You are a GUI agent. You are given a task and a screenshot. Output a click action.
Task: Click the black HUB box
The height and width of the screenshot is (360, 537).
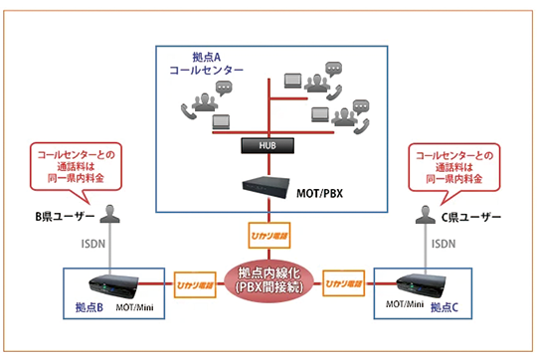point(268,145)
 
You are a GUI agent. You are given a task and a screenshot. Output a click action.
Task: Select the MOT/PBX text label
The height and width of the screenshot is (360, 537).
point(319,194)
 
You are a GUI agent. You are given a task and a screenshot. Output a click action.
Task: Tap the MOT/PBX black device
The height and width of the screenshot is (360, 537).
point(266,187)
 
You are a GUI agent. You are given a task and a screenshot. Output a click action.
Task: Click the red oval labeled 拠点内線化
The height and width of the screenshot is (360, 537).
point(268,280)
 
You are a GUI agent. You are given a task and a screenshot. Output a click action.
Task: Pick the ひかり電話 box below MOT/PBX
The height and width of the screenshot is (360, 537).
point(269,236)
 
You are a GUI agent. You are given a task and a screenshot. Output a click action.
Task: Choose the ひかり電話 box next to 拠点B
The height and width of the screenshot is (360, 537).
point(195,284)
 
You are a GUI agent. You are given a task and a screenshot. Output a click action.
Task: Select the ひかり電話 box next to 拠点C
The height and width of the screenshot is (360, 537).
point(343,283)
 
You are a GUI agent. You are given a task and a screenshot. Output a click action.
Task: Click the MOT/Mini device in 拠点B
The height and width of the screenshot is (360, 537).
point(113,286)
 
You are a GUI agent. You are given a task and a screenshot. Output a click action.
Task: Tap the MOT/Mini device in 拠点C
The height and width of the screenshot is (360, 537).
point(421,285)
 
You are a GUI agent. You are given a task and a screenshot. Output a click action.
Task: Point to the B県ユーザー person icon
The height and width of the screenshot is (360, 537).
point(110,214)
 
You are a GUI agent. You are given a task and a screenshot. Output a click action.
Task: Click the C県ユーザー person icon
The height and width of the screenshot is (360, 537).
point(426,215)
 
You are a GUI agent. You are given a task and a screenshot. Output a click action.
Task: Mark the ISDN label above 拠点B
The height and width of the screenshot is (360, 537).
point(93,244)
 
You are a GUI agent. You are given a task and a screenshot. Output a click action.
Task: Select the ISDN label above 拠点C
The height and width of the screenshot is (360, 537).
point(444,244)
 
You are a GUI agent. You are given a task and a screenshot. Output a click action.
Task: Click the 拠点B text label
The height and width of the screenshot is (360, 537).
point(89,307)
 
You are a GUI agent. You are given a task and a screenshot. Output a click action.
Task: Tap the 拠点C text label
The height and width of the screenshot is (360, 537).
point(445,307)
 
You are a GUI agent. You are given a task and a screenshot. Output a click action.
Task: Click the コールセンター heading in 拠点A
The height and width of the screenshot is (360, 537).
point(207,71)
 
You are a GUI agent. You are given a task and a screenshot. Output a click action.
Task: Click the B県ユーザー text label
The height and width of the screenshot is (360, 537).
point(65,217)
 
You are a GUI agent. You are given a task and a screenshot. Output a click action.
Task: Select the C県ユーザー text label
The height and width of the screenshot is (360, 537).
point(471,217)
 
